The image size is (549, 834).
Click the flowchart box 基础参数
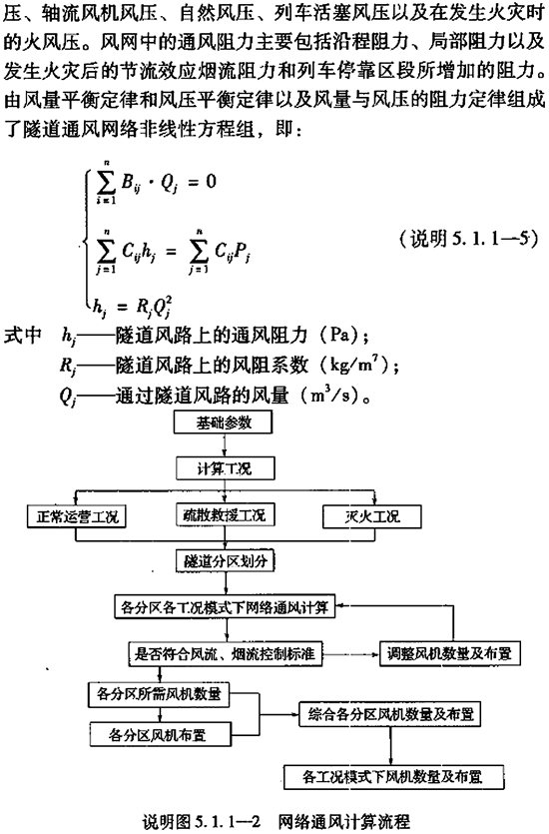[x=224, y=422]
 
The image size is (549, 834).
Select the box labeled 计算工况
[x=226, y=468]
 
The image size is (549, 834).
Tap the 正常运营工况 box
[x=77, y=516]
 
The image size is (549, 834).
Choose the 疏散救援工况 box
[x=226, y=514]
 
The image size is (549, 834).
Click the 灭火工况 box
[x=372, y=516]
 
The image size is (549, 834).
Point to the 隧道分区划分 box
[x=226, y=561]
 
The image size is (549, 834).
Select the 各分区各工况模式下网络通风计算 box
[x=225, y=606]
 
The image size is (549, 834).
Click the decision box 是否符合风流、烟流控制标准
[x=226, y=653]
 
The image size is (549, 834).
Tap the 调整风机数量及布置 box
[x=449, y=653]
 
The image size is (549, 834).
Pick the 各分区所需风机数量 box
[x=159, y=694]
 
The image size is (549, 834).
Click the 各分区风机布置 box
[x=161, y=734]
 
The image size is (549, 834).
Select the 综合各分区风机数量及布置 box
[x=390, y=714]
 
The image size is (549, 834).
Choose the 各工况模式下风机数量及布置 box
[x=394, y=777]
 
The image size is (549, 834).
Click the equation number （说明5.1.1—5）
[x=468, y=239]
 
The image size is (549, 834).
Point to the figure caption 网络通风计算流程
[x=343, y=821]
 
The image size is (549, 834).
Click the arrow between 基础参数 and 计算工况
[x=225, y=445]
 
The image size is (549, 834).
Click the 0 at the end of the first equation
[x=211, y=182]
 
